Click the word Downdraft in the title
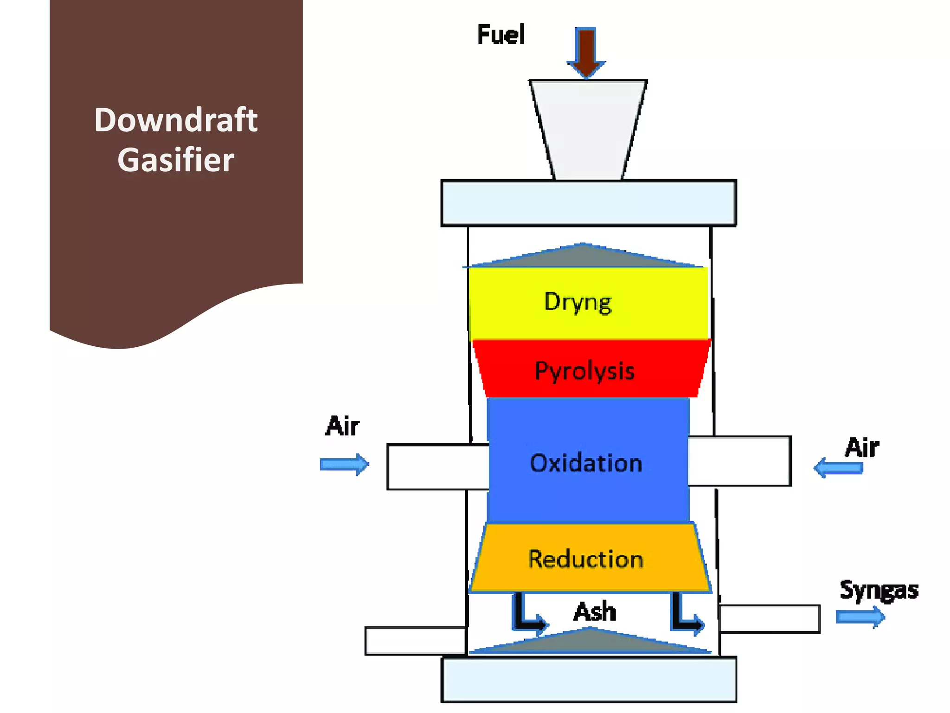(175, 120)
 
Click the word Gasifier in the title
(175, 160)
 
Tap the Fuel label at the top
(501, 35)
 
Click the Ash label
(595, 611)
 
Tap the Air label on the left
(342, 426)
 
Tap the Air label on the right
(861, 447)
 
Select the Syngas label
(879, 590)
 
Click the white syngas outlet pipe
(770, 619)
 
